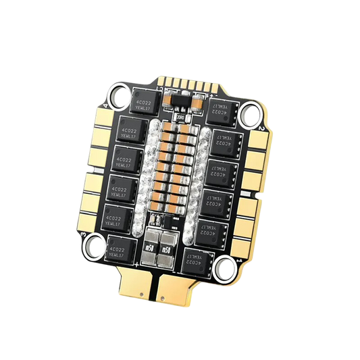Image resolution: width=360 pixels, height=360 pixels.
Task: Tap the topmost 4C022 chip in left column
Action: pyautogui.click(x=147, y=102)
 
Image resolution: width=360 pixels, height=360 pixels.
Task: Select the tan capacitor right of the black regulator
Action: pyautogui.click(x=195, y=104)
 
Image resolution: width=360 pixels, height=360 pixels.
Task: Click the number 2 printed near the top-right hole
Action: pyautogui.click(x=261, y=128)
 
